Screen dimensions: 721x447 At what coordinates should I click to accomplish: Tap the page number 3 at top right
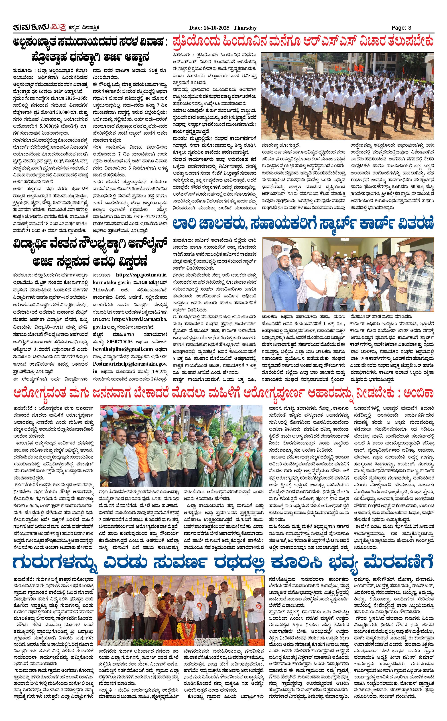click(x=410, y=28)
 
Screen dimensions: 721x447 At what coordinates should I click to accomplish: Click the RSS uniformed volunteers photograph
click(x=347, y=96)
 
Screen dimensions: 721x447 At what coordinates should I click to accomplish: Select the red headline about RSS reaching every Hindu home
click(x=303, y=42)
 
